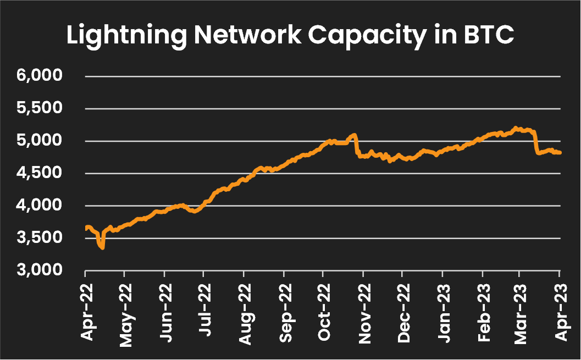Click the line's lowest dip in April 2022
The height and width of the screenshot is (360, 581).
(102, 248)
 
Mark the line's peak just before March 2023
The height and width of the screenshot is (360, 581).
(516, 128)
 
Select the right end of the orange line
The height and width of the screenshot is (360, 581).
(560, 153)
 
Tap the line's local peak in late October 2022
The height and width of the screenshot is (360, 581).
(355, 135)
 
